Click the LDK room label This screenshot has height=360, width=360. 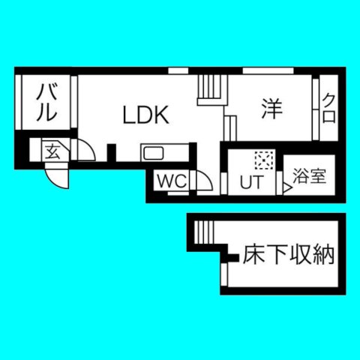pyautogui.click(x=146, y=115)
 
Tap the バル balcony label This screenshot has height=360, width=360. pyautogui.click(x=46, y=103)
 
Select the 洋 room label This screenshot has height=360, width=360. pyautogui.click(x=271, y=109)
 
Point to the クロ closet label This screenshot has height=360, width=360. pyautogui.click(x=328, y=108)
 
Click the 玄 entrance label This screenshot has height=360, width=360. pyautogui.click(x=53, y=151)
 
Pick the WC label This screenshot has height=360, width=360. pyautogui.click(x=172, y=181)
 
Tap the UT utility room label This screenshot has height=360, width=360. pyautogui.click(x=252, y=181)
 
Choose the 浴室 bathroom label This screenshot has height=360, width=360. pyautogui.click(x=310, y=176)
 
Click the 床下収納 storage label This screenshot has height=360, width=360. pyautogui.click(x=289, y=255)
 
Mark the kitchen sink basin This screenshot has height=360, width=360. pyautogui.click(x=152, y=153)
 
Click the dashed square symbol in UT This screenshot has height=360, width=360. pyautogui.click(x=264, y=160)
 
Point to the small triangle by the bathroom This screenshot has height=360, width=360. pyautogui.click(x=287, y=188)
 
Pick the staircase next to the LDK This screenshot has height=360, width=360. pyautogui.click(x=212, y=90)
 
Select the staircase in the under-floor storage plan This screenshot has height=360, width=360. pyautogui.click(x=204, y=232)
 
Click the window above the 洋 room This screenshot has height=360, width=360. pyautogui.click(x=268, y=71)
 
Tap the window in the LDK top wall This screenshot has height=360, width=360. pyautogui.click(x=178, y=71)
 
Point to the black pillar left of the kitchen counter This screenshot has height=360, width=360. pyautogui.click(x=112, y=153)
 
